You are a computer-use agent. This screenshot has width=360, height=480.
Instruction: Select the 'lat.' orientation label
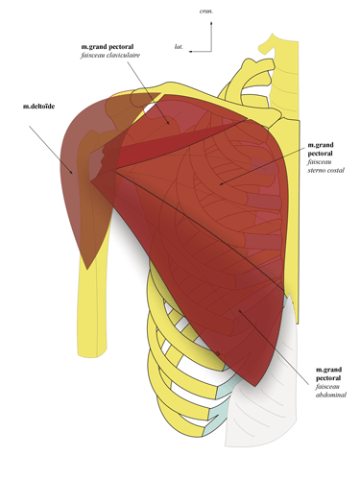[x=180, y=45]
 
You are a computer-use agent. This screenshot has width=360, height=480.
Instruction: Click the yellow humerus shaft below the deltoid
[x=92, y=307]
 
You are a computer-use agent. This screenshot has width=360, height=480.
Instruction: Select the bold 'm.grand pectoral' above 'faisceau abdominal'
[x=327, y=373]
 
